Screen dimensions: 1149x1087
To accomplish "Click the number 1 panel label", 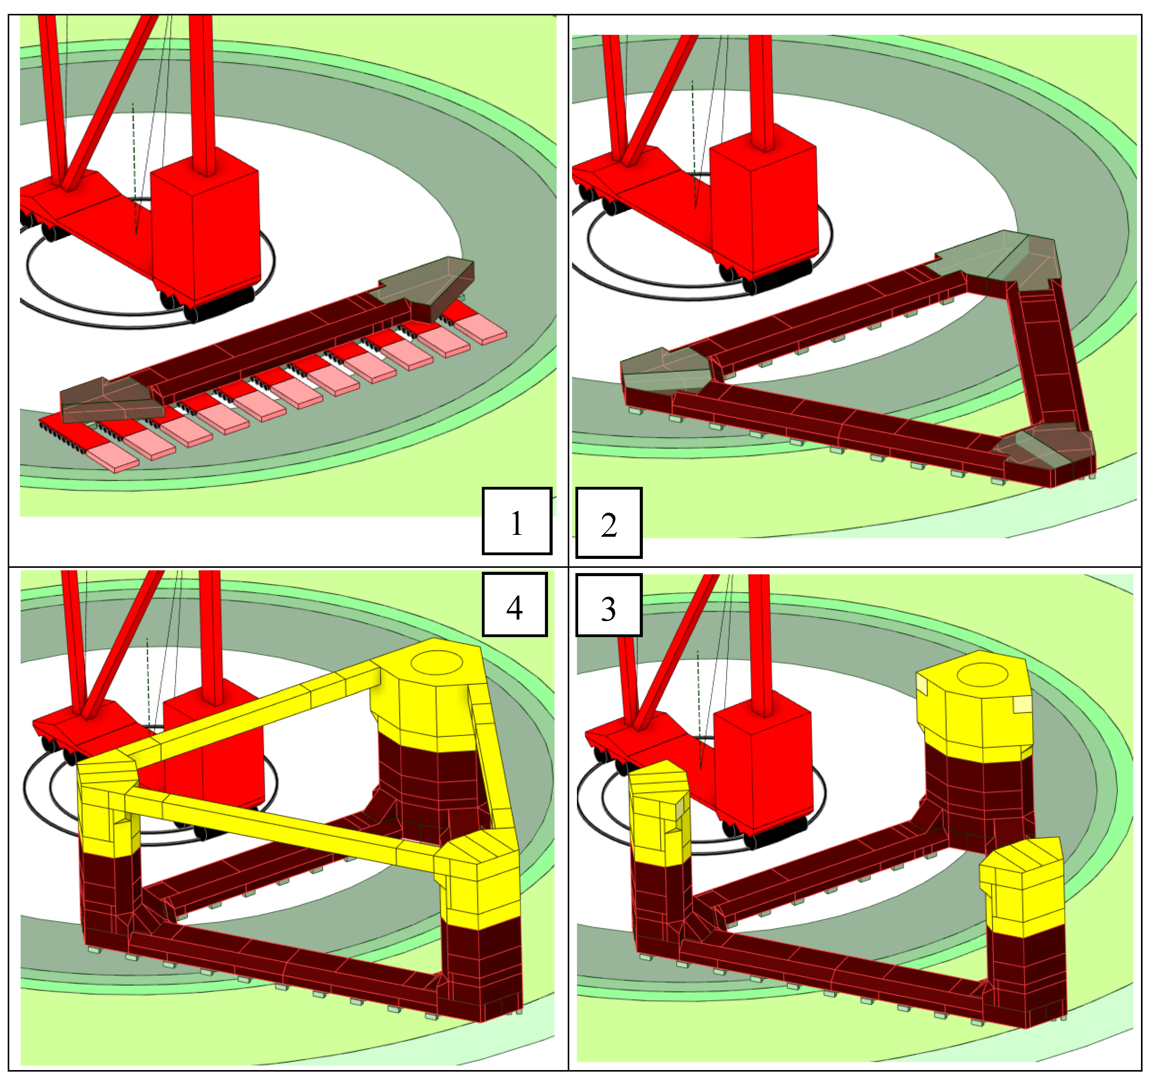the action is click(x=517, y=521).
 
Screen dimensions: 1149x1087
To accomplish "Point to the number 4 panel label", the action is click(x=514, y=605).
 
